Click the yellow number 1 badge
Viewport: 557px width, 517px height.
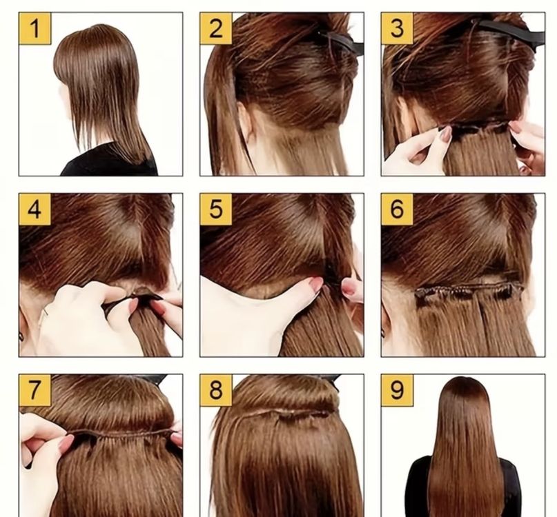click(x=35, y=28)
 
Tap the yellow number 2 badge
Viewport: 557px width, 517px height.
click(x=216, y=28)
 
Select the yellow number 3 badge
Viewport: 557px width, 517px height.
click(x=397, y=28)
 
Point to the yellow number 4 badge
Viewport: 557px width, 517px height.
click(x=35, y=210)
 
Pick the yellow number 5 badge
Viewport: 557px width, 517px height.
click(x=216, y=210)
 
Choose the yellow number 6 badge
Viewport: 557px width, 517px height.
click(x=397, y=210)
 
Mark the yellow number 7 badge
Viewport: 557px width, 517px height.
click(x=35, y=390)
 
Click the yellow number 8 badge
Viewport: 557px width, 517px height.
click(x=216, y=390)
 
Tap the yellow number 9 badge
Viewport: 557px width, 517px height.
click(x=397, y=390)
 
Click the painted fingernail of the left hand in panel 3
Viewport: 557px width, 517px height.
click(x=445, y=134)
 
